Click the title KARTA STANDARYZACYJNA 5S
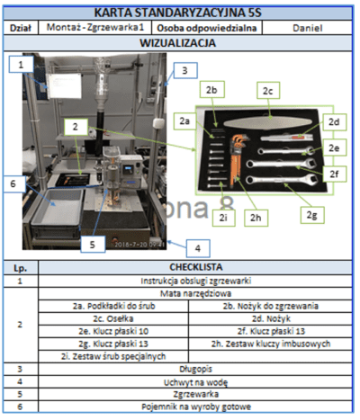[179, 11]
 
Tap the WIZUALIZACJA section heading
[179, 42]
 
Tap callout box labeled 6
[13, 184]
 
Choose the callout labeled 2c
[267, 92]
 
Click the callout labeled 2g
[312, 217]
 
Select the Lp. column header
[19, 267]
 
